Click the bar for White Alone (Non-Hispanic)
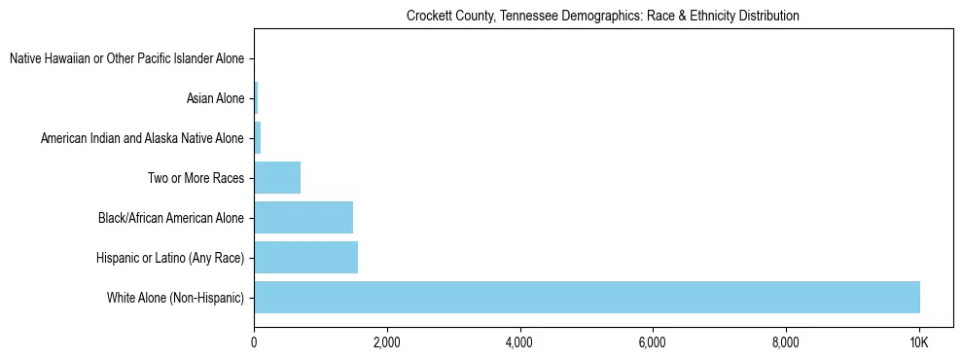click(x=587, y=297)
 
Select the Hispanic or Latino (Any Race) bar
click(x=305, y=257)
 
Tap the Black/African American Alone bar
click(x=303, y=217)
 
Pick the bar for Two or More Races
click(x=277, y=178)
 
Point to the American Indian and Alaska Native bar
click(x=258, y=138)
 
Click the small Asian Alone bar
click(x=256, y=98)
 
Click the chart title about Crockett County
click(x=603, y=16)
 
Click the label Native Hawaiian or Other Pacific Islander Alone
click(x=126, y=59)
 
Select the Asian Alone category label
click(x=215, y=98)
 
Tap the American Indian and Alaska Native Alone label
click(x=142, y=138)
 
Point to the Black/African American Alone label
click(x=171, y=218)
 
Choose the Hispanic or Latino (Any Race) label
click(x=170, y=258)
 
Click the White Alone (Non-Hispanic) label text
click(x=175, y=297)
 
